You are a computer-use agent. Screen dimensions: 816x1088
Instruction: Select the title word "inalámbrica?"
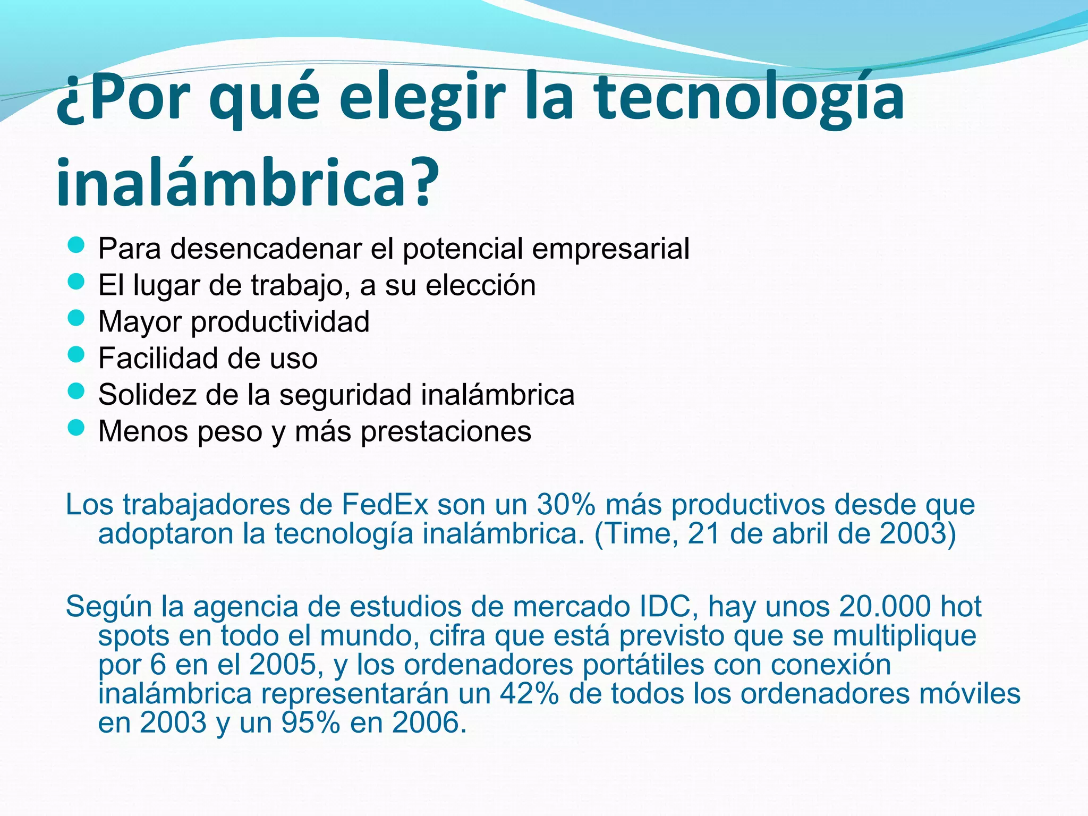(248, 182)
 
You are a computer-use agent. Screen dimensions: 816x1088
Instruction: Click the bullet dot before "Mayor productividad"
(76, 318)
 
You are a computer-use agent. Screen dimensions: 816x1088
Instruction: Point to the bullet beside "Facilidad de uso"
(76, 354)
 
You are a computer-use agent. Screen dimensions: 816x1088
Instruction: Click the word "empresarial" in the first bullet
(610, 249)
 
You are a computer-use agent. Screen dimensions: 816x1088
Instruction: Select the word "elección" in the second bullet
(480, 285)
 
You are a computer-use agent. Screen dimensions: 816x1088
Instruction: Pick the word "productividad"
(280, 322)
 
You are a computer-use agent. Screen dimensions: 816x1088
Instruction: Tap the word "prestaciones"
(446, 431)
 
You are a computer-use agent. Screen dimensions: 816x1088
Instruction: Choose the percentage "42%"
(529, 693)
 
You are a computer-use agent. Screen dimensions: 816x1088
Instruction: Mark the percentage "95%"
(310, 722)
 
